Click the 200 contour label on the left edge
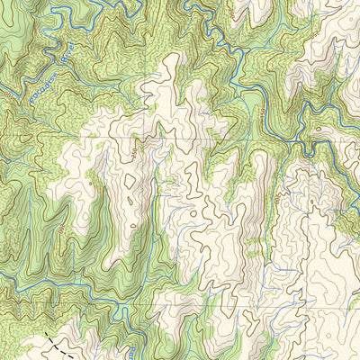[x=7, y=90]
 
